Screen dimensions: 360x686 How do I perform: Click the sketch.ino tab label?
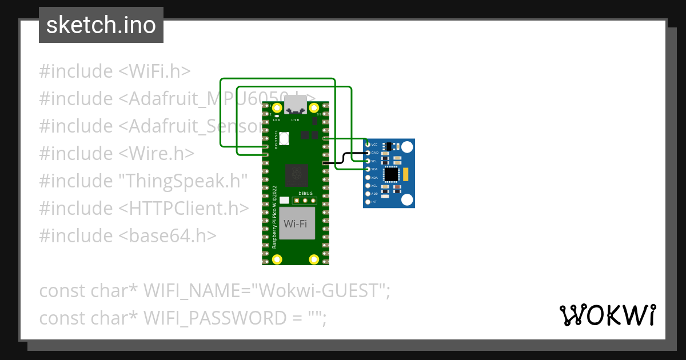[x=101, y=25]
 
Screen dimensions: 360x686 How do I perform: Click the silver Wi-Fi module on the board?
[x=296, y=223]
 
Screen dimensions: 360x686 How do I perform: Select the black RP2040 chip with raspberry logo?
[x=296, y=175]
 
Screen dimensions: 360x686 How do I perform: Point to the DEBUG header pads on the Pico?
[x=304, y=201]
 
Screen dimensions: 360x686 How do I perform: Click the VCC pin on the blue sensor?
[x=368, y=145]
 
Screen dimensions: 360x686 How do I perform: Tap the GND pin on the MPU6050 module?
[x=368, y=153]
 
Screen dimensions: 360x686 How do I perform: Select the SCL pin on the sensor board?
[x=368, y=161]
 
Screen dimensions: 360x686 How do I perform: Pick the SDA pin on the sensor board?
[x=368, y=169]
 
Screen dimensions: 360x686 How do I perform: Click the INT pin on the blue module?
[x=368, y=202]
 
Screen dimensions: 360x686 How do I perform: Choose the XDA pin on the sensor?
[x=368, y=178]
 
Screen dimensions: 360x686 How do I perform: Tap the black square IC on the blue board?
[x=392, y=174]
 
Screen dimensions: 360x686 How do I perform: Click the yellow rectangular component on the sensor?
[x=405, y=174]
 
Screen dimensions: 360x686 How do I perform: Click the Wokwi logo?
[x=607, y=315]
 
